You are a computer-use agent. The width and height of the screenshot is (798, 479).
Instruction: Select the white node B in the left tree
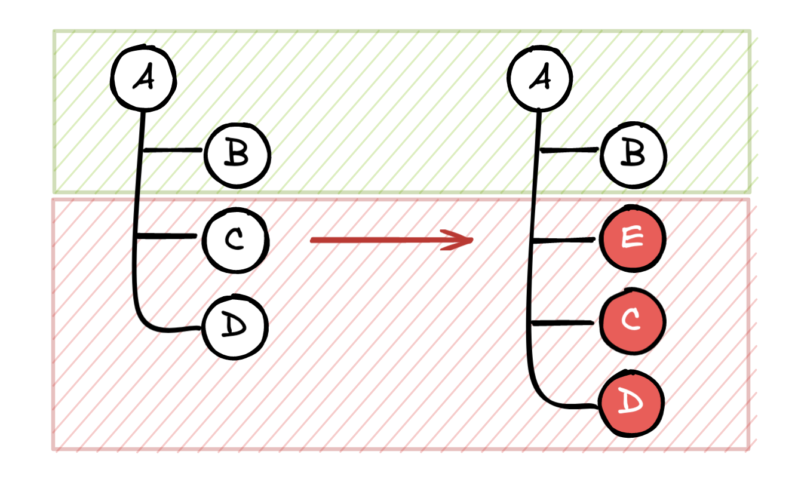237,155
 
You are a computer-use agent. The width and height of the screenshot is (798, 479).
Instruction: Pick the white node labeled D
235,327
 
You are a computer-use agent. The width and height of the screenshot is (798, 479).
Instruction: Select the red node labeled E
632,239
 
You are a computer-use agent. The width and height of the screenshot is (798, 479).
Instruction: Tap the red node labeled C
632,321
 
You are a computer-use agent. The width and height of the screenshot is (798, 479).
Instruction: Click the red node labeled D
632,403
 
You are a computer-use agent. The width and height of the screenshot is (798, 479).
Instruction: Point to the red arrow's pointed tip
472,240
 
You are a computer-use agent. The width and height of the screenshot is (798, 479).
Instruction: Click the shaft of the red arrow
382,240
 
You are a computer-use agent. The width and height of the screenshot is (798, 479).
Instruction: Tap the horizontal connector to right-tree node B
569,150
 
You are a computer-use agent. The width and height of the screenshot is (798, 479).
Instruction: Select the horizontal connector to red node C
563,323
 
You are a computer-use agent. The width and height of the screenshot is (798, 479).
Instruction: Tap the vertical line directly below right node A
538,128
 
